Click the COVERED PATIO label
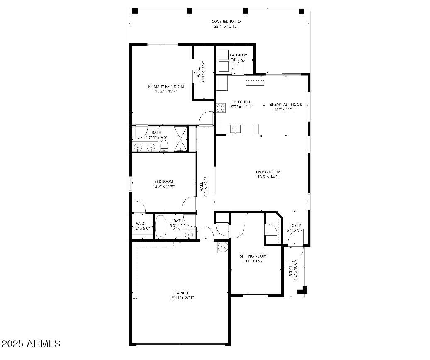(226, 22)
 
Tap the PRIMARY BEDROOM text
(166, 86)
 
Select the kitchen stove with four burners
(219, 107)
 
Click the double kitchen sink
(235, 129)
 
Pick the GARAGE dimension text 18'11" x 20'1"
(182, 297)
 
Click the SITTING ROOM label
(253, 256)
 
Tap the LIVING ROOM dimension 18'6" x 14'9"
(268, 177)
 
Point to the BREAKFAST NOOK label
(286, 105)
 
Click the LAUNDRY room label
(238, 55)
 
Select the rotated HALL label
(202, 185)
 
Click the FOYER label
(295, 225)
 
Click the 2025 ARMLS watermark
(32, 343)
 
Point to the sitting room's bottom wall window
(255, 296)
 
